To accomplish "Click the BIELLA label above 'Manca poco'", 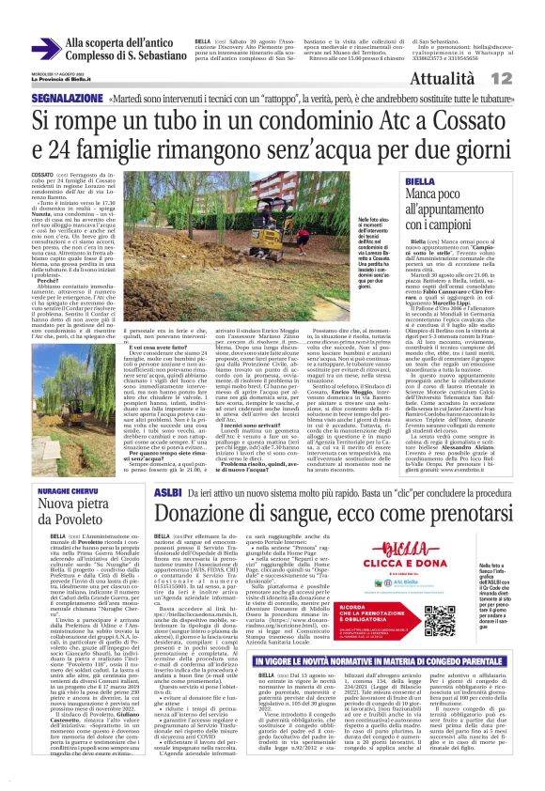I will point(420,181).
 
